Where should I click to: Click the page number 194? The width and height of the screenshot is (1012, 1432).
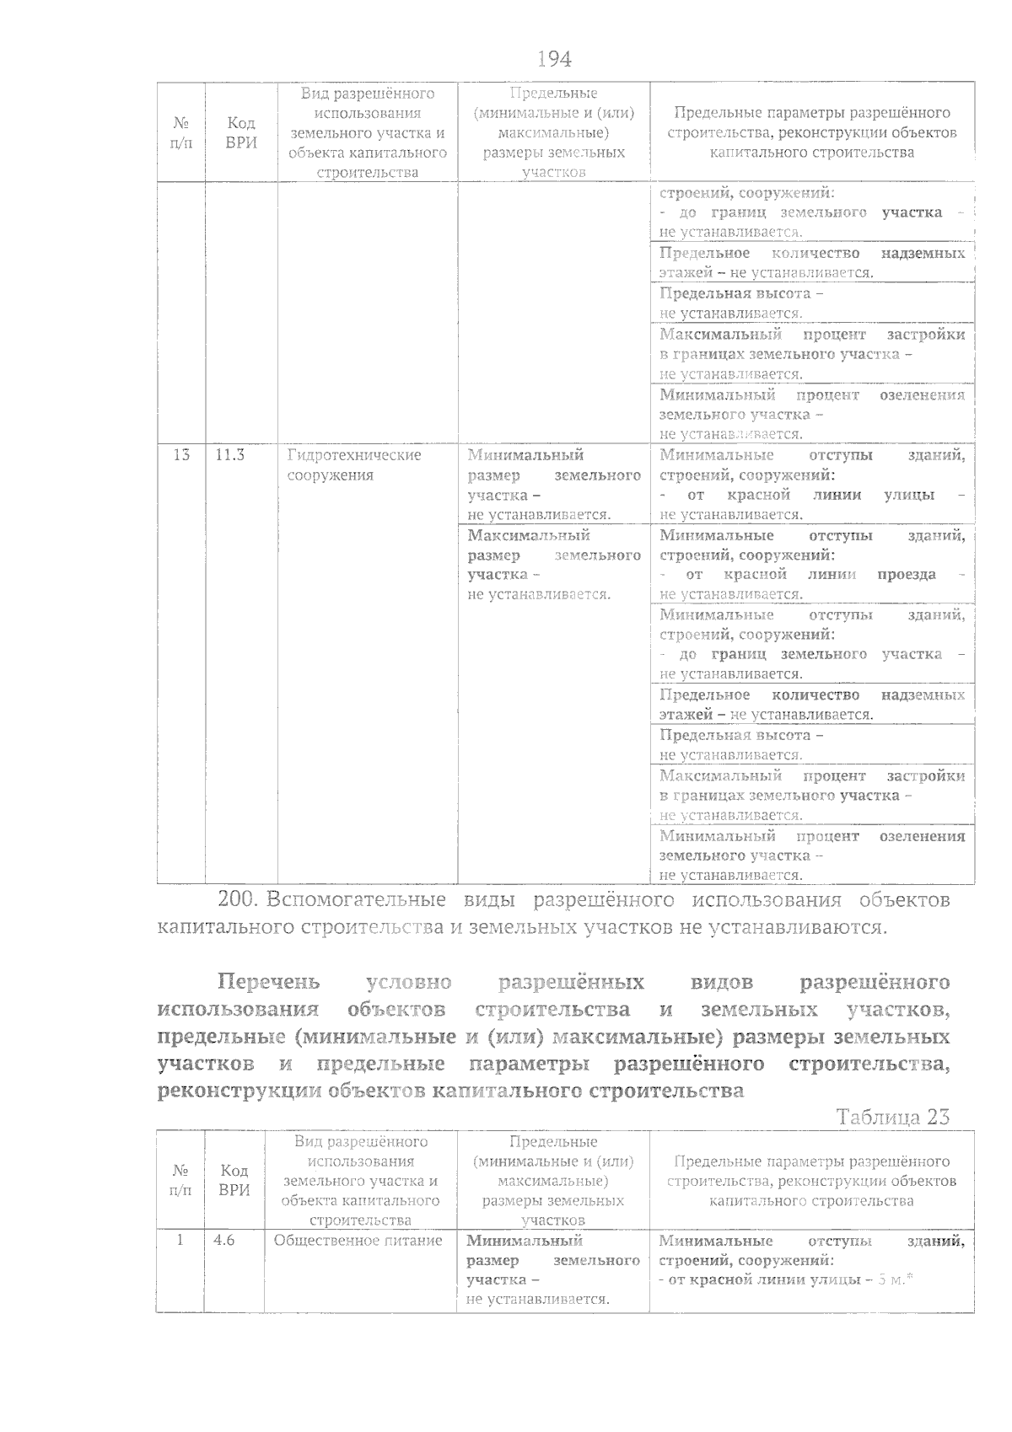pyautogui.click(x=554, y=59)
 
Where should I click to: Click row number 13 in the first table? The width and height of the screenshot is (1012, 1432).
pyautogui.click(x=181, y=455)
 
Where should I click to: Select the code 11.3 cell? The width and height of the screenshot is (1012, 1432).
pyautogui.click(x=230, y=455)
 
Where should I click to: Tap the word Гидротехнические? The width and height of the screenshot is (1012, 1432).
pyautogui.click(x=354, y=455)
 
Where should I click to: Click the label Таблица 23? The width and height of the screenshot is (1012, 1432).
pyautogui.click(x=892, y=1117)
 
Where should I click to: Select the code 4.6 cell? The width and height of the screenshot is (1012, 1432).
pyautogui.click(x=224, y=1241)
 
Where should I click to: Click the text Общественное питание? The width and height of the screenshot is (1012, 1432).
pyautogui.click(x=358, y=1241)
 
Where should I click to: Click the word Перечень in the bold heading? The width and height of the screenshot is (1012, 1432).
pyautogui.click(x=269, y=982)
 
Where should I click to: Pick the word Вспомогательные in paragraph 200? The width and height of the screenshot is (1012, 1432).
pyautogui.click(x=356, y=900)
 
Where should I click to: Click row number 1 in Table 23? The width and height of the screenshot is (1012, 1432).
pyautogui.click(x=180, y=1241)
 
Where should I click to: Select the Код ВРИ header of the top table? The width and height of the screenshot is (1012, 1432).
pyautogui.click(x=241, y=133)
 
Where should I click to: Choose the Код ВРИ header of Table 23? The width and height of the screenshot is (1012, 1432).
pyautogui.click(x=234, y=1181)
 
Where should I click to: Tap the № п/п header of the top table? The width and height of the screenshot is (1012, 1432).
pyautogui.click(x=181, y=133)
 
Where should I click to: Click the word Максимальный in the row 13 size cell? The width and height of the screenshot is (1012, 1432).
pyautogui.click(x=529, y=535)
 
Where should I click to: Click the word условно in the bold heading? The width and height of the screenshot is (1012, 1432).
pyautogui.click(x=409, y=982)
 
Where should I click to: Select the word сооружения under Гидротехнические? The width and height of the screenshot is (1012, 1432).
pyautogui.click(x=330, y=475)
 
